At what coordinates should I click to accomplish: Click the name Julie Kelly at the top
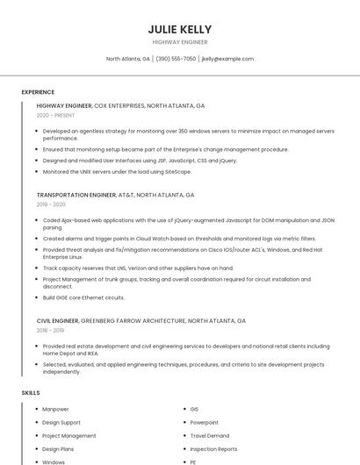180,29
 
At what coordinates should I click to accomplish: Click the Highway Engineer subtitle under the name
180,41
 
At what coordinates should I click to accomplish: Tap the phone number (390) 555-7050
176,59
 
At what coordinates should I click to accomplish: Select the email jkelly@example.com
227,59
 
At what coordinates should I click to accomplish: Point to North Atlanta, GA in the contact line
128,59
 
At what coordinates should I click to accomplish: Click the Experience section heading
38,92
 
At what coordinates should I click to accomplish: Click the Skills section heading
31,392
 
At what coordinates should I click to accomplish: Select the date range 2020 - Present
55,115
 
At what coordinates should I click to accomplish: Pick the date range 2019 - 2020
51,204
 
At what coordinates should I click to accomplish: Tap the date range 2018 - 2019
51,330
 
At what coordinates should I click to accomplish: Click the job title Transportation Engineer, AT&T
115,195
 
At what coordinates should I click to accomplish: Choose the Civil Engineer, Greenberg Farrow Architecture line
140,320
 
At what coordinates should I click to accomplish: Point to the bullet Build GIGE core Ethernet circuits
83,297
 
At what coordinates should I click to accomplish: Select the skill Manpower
55,409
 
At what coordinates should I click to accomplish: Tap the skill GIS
194,409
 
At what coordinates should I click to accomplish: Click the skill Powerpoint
204,422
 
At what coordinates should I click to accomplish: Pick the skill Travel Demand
209,435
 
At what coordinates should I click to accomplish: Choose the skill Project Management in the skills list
69,435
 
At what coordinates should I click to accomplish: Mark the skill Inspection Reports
213,448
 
